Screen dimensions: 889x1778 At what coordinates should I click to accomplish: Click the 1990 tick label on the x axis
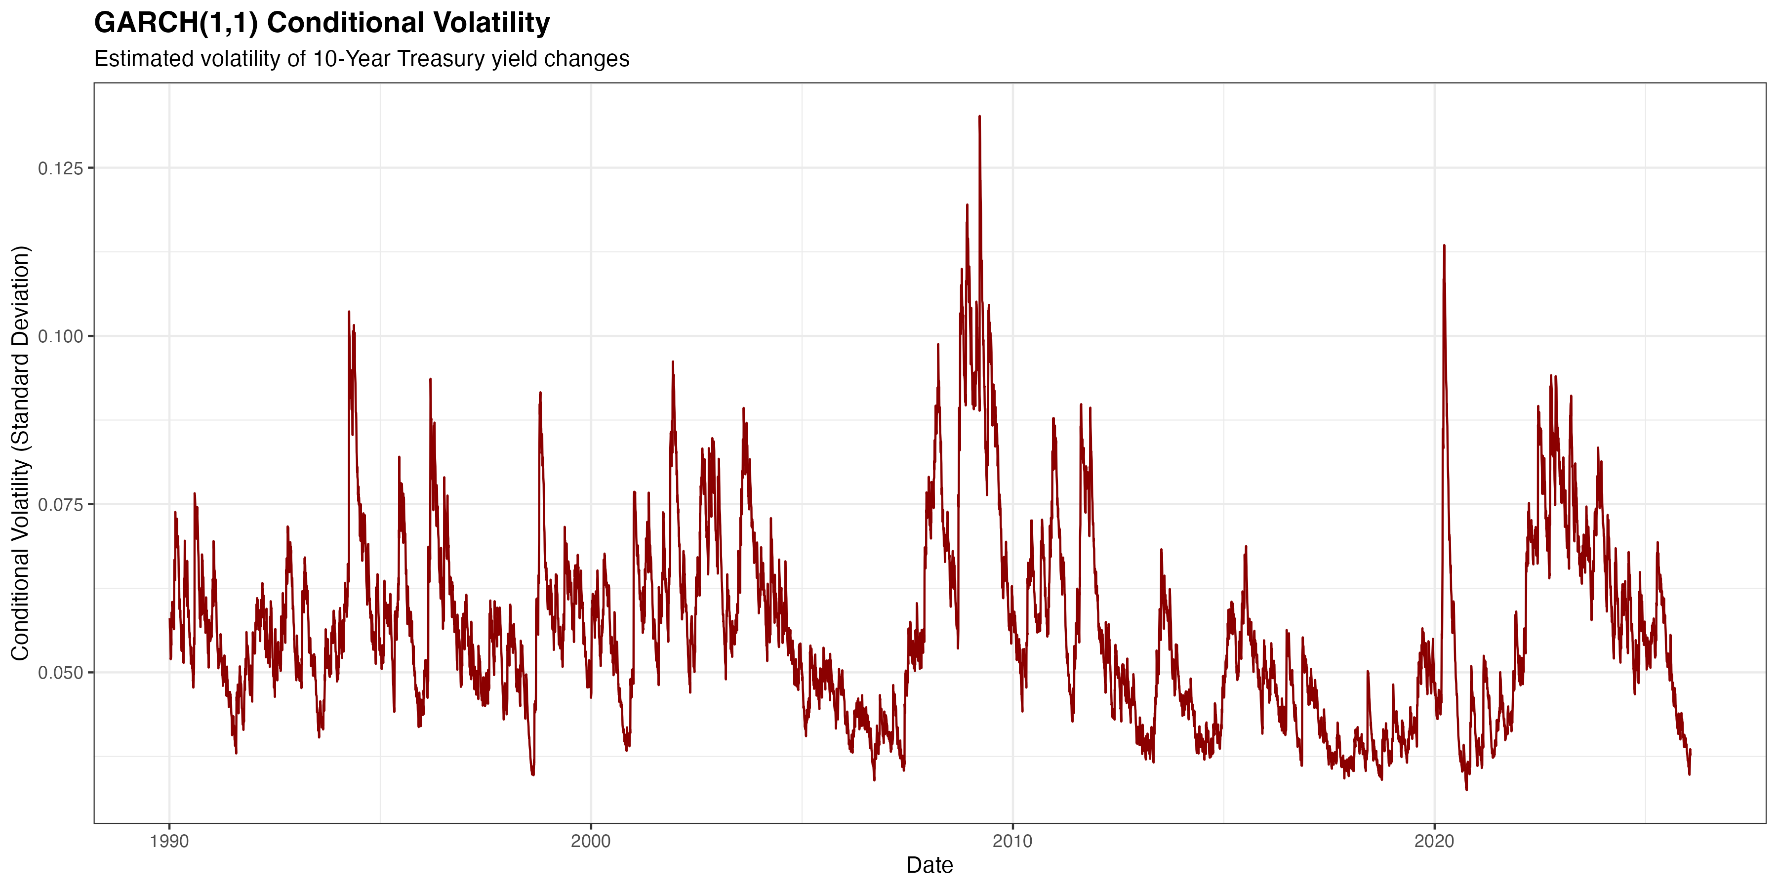169,842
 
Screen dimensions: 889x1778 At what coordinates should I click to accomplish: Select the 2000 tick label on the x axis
591,842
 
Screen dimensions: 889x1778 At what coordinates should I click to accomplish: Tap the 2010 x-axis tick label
1012,842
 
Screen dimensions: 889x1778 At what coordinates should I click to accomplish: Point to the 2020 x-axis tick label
1434,842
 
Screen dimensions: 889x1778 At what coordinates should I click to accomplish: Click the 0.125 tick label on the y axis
60,168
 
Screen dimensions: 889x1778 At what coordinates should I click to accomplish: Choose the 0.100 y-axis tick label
60,337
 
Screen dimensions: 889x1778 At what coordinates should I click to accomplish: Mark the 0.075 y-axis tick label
60,505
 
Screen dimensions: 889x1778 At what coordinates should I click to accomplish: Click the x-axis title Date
929,865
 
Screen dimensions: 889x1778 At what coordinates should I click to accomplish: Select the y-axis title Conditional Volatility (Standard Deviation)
20,453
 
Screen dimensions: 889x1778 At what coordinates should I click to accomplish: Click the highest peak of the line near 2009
979,118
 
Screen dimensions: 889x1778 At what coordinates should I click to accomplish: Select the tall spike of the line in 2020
1444,246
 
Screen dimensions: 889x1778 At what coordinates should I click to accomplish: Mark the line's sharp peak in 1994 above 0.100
349,313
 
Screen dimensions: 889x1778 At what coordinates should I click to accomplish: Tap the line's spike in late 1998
540,394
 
